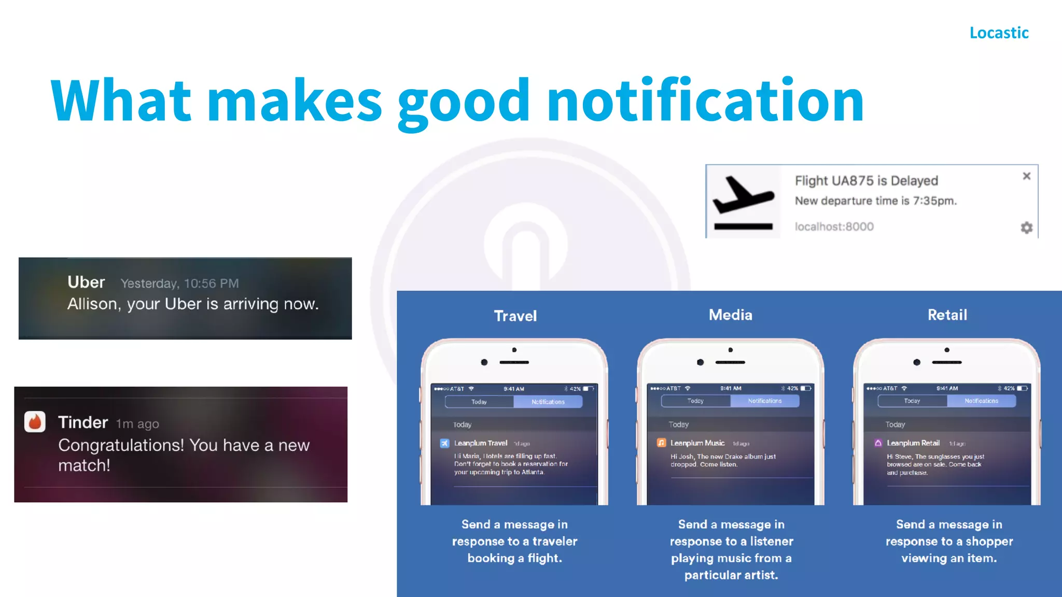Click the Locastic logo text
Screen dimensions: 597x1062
coord(999,33)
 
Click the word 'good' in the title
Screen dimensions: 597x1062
coord(464,101)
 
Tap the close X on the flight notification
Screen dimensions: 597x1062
coord(1026,176)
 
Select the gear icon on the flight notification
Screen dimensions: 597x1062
coord(1026,228)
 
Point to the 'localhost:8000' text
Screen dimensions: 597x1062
coord(834,226)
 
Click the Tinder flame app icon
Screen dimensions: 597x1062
coord(35,422)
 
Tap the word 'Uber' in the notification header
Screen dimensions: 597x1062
coord(86,282)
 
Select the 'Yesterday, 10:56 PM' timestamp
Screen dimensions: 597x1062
coord(179,283)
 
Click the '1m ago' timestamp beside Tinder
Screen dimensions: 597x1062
coord(137,424)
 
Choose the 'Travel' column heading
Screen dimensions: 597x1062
coord(515,316)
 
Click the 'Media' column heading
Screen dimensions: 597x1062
coord(730,315)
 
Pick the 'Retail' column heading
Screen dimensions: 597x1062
coord(947,315)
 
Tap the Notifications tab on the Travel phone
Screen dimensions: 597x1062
coord(548,402)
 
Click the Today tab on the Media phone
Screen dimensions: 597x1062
coord(695,401)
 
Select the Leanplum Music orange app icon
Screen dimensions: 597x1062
coord(661,443)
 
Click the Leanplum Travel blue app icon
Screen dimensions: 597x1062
coord(444,443)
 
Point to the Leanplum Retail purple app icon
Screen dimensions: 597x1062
coord(878,443)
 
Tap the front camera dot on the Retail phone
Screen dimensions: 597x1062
coord(917,362)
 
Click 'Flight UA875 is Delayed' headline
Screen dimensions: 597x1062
coord(866,181)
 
